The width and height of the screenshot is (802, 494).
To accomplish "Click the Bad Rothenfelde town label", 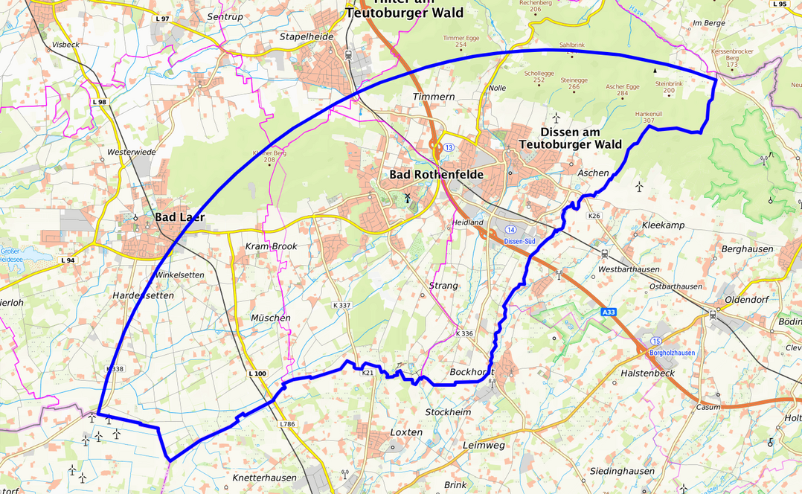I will (x=436, y=174).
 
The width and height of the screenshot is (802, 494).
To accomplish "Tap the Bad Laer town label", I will (x=179, y=217).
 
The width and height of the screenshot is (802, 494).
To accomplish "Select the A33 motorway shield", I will (x=609, y=314).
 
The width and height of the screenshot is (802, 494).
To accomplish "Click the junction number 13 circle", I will (x=449, y=147).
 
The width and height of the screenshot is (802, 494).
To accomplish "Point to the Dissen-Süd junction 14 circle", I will (x=510, y=230).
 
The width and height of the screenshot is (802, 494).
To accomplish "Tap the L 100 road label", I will (x=257, y=373).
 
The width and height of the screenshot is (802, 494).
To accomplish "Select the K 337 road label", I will (x=341, y=305).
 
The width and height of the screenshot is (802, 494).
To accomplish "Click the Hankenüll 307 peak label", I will (x=644, y=117).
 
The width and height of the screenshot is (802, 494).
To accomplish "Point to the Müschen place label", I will (x=270, y=318).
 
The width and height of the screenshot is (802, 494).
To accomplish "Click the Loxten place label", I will (x=406, y=432).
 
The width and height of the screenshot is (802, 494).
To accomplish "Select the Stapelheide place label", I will (x=307, y=36).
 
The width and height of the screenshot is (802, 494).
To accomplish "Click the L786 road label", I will (x=288, y=424).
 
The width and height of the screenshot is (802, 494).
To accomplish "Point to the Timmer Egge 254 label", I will (x=460, y=41).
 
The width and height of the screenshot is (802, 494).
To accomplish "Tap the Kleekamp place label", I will (x=662, y=225).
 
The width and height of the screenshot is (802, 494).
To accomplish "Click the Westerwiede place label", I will (x=131, y=152).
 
